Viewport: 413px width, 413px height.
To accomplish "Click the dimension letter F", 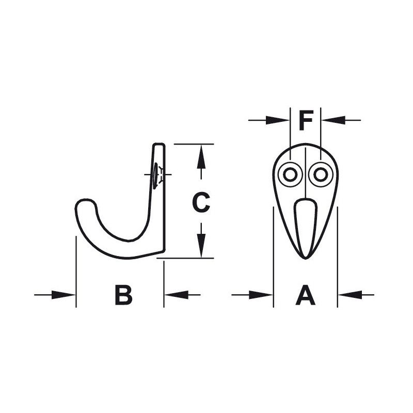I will pyautogui.click(x=306, y=121).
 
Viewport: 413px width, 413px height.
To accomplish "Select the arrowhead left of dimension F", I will pyautogui.click(x=281, y=120).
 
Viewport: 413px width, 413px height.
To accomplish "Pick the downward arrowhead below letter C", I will pyautogui.click(x=201, y=247).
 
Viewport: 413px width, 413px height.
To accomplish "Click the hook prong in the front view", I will pyautogui.click(x=306, y=227).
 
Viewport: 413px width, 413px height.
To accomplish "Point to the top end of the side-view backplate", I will pyautogui.click(x=159, y=145).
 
